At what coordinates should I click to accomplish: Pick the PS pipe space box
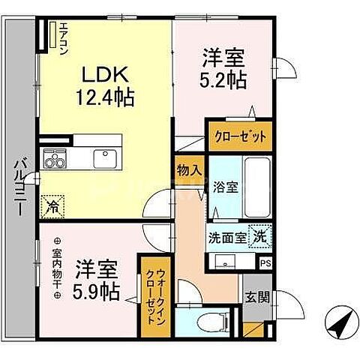pyautogui.click(x=265, y=263)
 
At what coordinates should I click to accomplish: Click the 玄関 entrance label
pyautogui.click(x=253, y=296)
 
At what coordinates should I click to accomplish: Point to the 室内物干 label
pyautogui.click(x=56, y=270)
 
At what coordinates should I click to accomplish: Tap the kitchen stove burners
pyautogui.click(x=55, y=160)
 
